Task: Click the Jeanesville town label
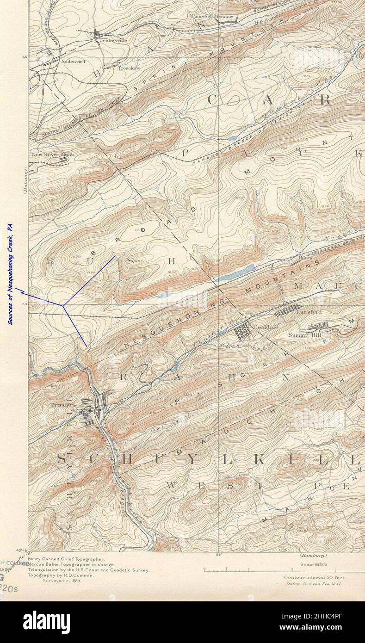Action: click(x=113, y=40)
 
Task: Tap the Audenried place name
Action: click(x=73, y=61)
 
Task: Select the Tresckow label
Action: click(x=129, y=68)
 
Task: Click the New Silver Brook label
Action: click(x=52, y=155)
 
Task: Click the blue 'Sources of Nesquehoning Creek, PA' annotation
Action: click(x=10, y=275)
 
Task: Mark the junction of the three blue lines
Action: click(x=64, y=305)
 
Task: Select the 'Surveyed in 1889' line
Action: click(x=62, y=580)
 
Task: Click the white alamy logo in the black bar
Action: click(x=46, y=622)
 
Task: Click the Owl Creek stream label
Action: click(x=159, y=430)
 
